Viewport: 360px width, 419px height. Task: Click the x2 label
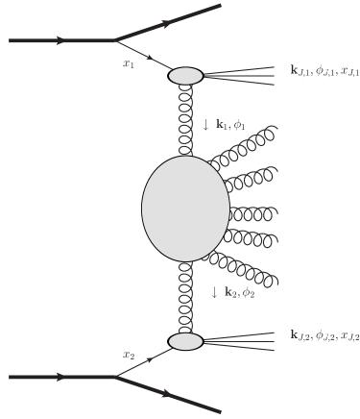coord(129,355)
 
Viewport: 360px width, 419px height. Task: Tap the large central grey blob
coord(185,209)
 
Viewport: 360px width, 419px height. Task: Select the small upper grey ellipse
coord(185,75)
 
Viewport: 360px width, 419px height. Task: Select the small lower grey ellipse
coord(185,341)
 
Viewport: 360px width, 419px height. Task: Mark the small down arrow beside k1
coord(206,125)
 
